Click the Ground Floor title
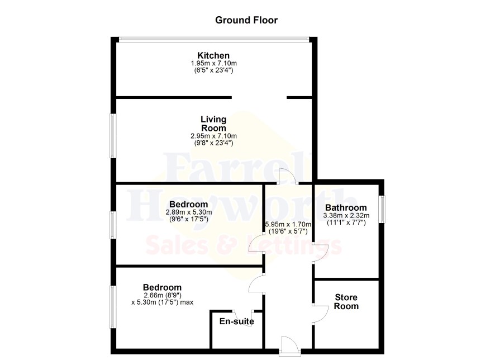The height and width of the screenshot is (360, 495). coord(246,20)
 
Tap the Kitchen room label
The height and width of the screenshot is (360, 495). coord(213,55)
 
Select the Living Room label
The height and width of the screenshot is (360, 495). coord(214,124)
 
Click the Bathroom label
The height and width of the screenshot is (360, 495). coord(346,208)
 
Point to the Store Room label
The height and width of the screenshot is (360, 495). coord(346,301)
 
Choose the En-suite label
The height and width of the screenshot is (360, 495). coord(237,321)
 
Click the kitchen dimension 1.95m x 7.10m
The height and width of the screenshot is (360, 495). coord(214,64)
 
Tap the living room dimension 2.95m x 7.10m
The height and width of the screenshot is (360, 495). coord(214,136)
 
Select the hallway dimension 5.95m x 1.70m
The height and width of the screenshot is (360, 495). coord(288,225)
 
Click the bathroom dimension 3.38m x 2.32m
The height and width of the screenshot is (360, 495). coord(346,216)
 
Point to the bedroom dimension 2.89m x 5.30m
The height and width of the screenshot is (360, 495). coord(189,212)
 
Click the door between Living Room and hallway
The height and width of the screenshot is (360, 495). coord(288,177)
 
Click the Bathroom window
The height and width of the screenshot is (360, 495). coord(382,209)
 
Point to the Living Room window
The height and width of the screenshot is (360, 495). coord(112,135)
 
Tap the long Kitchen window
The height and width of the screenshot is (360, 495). coord(214,39)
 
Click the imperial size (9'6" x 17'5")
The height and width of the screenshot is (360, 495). coord(189,219)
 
